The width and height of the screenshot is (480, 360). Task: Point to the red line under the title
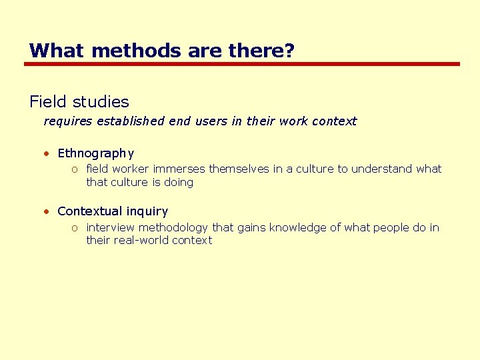[242, 64]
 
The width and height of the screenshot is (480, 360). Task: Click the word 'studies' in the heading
[101, 102]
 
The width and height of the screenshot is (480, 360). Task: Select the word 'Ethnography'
[96, 153]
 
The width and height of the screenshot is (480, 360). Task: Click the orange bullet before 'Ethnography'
[47, 153]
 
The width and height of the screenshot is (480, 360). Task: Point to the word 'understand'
[382, 169]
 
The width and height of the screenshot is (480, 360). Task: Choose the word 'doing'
[179, 182]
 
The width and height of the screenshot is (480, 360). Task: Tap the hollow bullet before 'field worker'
[76, 169]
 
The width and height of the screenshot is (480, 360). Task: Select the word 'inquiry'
[147, 211]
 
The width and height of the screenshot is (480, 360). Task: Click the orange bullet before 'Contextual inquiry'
[47, 211]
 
